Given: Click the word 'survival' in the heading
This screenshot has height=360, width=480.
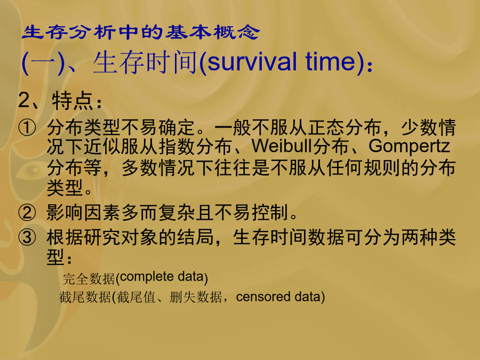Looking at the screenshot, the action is click(252, 62).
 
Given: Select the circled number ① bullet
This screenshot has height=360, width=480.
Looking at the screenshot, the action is click(27, 127).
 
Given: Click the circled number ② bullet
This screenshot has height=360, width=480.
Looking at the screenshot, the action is click(27, 212).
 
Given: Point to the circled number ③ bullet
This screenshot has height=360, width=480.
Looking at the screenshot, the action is click(27, 237).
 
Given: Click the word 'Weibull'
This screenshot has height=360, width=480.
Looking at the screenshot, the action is click(282, 146).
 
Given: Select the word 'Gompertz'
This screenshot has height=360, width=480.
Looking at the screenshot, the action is click(409, 147).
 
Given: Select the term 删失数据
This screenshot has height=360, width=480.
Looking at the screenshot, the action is click(196, 297).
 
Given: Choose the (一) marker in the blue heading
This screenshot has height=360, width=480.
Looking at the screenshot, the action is click(43, 63).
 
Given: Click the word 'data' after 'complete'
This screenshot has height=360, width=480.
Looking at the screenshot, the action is click(190, 277).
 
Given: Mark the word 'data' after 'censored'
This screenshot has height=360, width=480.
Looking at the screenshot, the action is click(307, 297).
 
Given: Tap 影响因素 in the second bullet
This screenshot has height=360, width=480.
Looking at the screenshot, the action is click(83, 212).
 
